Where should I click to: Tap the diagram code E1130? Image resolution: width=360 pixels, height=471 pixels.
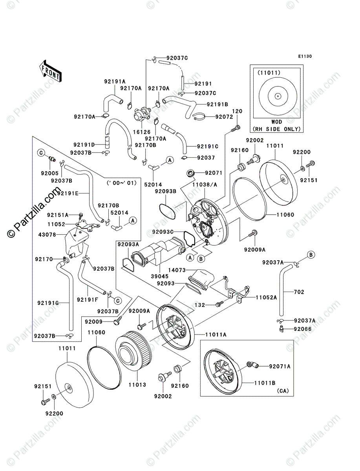[304, 57]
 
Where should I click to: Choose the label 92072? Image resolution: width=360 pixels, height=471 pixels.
[225, 117]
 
